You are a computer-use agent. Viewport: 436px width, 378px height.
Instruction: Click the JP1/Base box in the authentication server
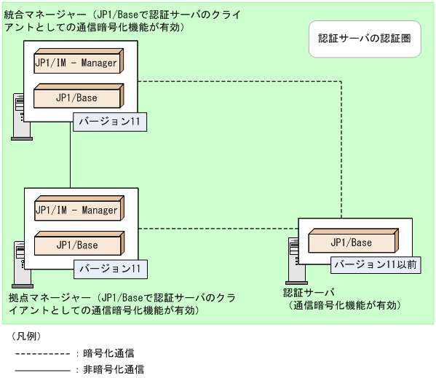[x=352, y=242]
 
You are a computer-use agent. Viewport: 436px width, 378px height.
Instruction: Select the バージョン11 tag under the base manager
[x=110, y=269]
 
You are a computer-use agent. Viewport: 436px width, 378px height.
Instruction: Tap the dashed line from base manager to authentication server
[x=218, y=229]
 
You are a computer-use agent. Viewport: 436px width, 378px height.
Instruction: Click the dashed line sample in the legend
[x=42, y=353]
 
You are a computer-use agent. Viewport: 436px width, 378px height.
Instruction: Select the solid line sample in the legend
[x=42, y=369]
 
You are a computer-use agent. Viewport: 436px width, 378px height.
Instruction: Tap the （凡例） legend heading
[x=25, y=336]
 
